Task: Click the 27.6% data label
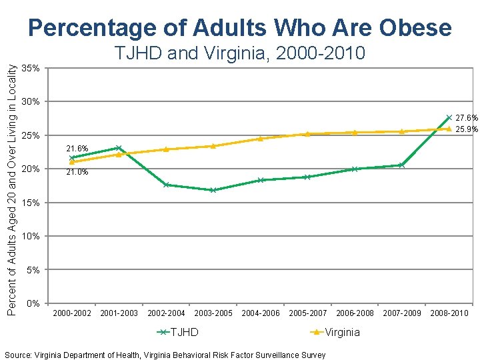point(466,118)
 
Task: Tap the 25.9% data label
point(466,129)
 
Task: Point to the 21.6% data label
point(77,148)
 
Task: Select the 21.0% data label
point(77,173)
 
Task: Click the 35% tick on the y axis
point(31,69)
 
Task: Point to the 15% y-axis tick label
point(31,203)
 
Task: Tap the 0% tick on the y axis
point(33,304)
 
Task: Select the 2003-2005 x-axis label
point(213,313)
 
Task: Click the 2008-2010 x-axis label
point(449,313)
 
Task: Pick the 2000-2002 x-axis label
point(71,313)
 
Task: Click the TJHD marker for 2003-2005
point(213,190)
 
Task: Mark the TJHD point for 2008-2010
point(449,117)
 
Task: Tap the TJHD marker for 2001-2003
point(118,147)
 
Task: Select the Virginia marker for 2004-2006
point(260,139)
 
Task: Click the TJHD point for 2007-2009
point(401,165)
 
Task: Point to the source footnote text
point(165,355)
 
